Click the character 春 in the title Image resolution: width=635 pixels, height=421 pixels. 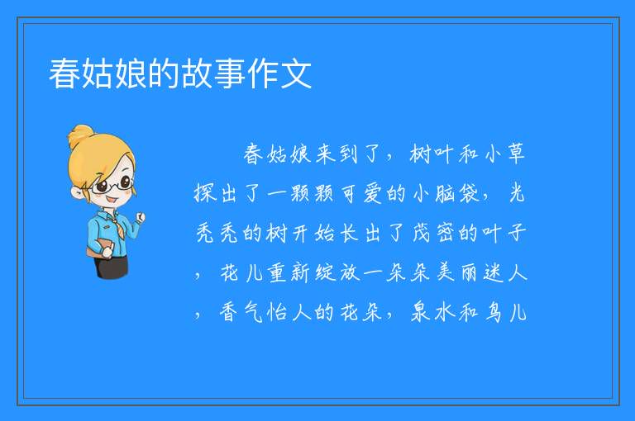pyautogui.click(x=64, y=73)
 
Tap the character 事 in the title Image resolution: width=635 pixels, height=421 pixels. pyautogui.click(x=231, y=73)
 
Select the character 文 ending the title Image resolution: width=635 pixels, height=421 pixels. pyautogui.click(x=297, y=73)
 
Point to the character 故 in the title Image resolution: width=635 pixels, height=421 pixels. pyautogui.click(x=198, y=73)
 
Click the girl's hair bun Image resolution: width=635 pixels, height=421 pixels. pyautogui.click(x=81, y=136)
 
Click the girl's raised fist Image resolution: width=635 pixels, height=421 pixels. pyautogui.click(x=140, y=218)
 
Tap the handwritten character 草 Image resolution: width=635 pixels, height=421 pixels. pyautogui.click(x=516, y=154)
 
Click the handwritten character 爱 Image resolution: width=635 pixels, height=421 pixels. pyautogui.click(x=373, y=193)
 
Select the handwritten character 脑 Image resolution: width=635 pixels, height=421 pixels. pyautogui.click(x=446, y=193)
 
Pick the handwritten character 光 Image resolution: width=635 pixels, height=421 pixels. pyautogui.click(x=517, y=193)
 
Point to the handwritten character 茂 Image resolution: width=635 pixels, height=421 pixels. pyautogui.click(x=422, y=233)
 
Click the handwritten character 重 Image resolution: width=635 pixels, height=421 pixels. pyautogui.click(x=277, y=272)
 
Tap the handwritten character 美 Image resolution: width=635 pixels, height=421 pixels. pyautogui.click(x=446, y=272)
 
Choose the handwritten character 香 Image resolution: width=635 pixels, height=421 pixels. pyautogui.click(x=229, y=312)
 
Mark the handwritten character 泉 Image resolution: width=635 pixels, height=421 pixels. pyautogui.click(x=420, y=312)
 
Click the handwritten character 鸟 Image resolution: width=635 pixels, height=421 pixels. pyautogui.click(x=494, y=312)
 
